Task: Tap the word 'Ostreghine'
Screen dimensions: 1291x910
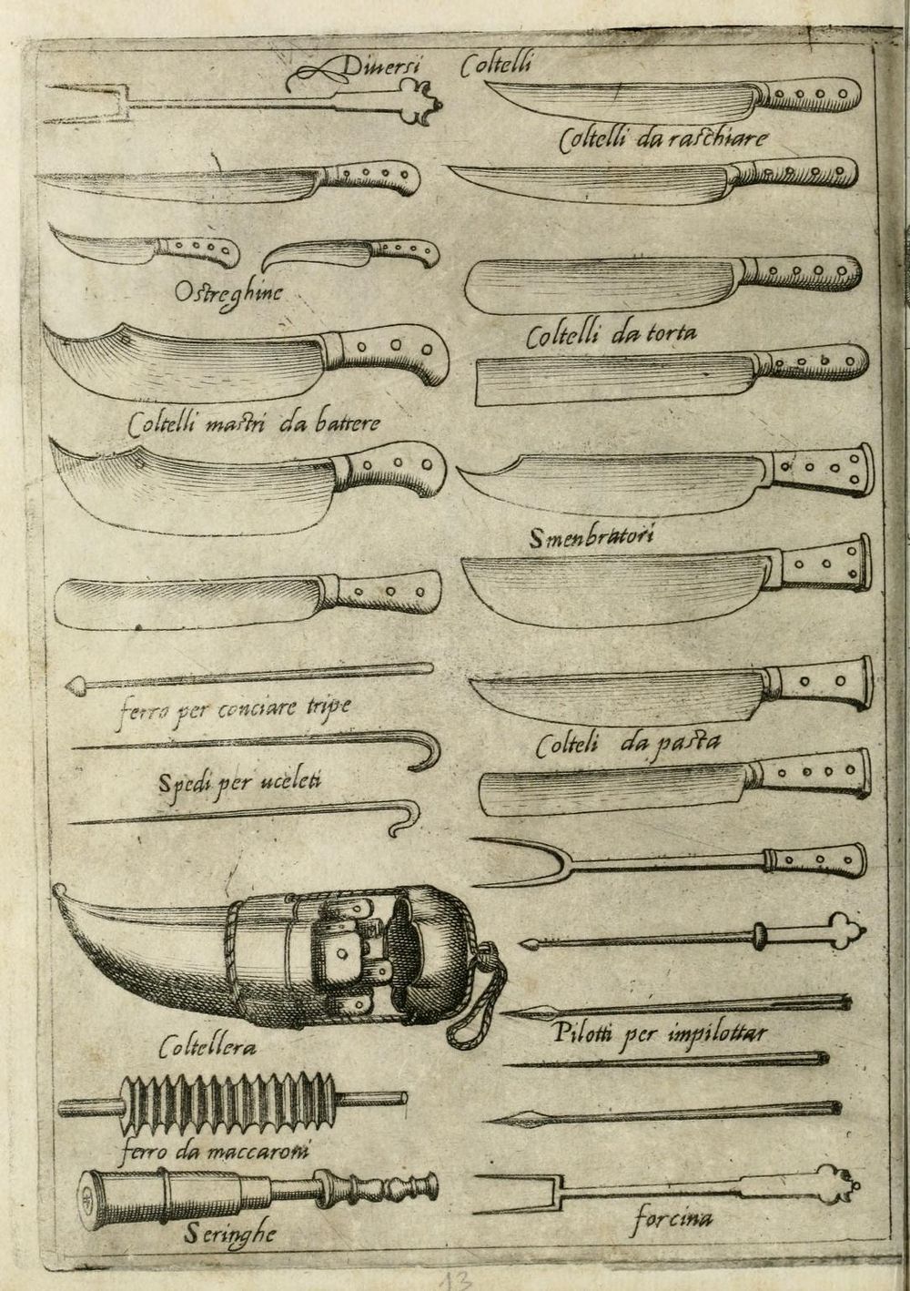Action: pyautogui.click(x=230, y=292)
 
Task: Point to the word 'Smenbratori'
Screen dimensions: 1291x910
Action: pyautogui.click(x=592, y=538)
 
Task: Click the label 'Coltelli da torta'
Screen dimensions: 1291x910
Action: pyautogui.click(x=612, y=336)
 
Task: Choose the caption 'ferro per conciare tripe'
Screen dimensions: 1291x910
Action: pyautogui.click(x=233, y=707)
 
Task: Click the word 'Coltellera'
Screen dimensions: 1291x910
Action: pyautogui.click(x=206, y=1048)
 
